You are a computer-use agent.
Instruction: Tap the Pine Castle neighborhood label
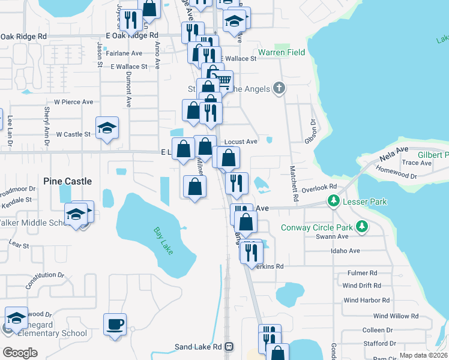pos(68,181)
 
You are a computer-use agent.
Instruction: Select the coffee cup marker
pos(115,325)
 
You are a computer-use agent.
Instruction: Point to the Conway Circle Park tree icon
pos(361,227)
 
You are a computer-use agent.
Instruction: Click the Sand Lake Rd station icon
pos(229,347)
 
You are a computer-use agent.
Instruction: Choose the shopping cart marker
pos(223,80)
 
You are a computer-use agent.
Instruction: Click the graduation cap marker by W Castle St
pos(107,128)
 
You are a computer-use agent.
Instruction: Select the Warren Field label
pos(282,52)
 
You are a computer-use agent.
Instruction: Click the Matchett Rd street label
pos(295,183)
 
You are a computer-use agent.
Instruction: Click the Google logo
pos(20,352)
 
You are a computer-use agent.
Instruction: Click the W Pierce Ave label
pos(74,103)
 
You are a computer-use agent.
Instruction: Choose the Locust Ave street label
pos(241,142)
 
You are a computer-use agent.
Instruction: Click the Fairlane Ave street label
pos(124,53)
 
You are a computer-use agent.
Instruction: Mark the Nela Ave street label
pos(393,154)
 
